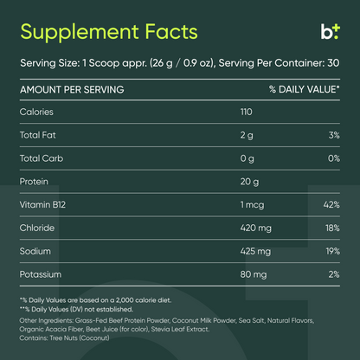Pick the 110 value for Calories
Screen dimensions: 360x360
tap(249, 112)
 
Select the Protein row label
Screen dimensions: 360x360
tap(35, 182)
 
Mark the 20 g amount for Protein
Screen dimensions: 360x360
tap(251, 182)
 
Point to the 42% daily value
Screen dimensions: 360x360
tap(331, 205)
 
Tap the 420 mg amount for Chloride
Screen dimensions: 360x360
tap(255, 228)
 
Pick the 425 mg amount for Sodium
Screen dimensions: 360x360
tap(255, 252)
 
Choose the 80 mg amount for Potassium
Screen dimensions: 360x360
tap(253, 275)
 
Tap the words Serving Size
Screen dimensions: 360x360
tap(43, 62)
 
